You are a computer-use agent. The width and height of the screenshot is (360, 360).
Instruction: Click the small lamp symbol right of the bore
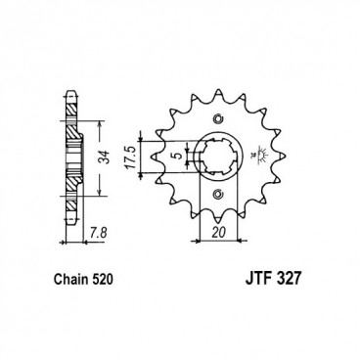coord(255,154)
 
